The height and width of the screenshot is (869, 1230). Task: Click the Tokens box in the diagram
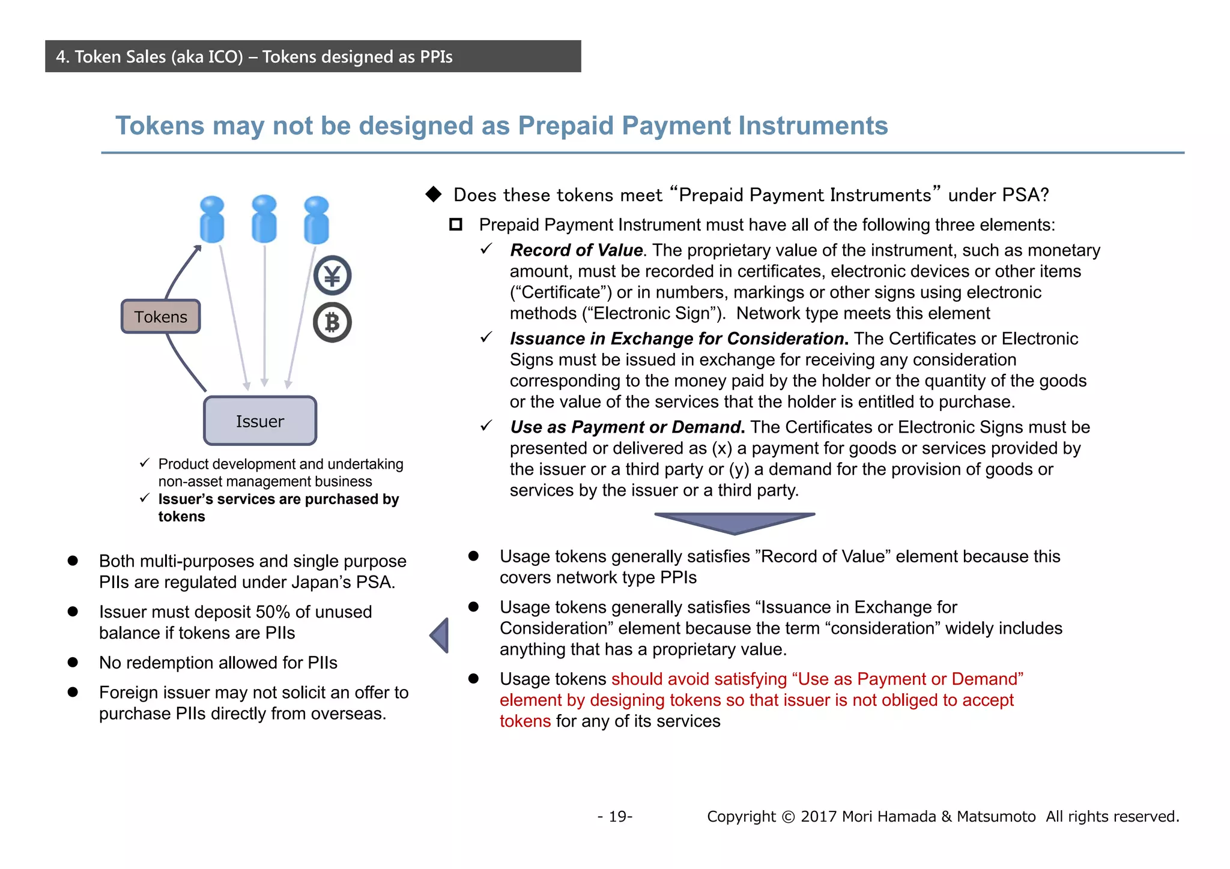[x=160, y=317]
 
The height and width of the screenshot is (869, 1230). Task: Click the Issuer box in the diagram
[x=259, y=421]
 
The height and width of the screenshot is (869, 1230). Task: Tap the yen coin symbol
[x=332, y=275]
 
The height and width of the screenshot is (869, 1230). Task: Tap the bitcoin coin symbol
[x=332, y=323]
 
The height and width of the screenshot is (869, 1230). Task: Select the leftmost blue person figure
[x=211, y=220]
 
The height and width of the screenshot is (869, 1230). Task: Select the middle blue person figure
[x=264, y=219]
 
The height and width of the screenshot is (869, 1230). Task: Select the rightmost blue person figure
[x=317, y=220]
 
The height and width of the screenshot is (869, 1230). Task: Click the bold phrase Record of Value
[x=576, y=250]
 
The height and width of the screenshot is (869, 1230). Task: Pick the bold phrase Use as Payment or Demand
[x=627, y=427]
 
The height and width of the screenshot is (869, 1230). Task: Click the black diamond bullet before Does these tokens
[x=434, y=194]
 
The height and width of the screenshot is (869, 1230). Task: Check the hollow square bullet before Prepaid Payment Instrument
[x=456, y=225]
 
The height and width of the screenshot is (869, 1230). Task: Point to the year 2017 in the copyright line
[x=819, y=817]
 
